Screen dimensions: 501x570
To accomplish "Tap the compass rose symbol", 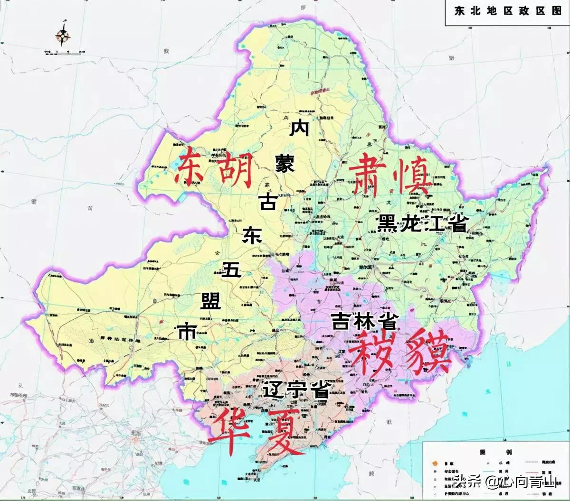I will (63, 34).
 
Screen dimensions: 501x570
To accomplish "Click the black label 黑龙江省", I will (423, 223).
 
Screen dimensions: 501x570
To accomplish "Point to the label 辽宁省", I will (297, 390).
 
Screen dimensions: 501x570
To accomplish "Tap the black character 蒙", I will (285, 164).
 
